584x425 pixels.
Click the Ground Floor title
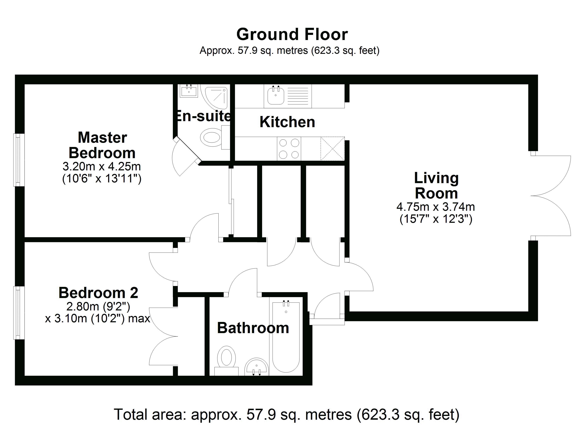point(292,35)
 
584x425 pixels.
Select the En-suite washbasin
point(189,91)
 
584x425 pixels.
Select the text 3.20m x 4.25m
point(102,166)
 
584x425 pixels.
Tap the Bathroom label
point(253,328)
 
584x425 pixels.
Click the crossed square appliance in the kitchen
point(332,149)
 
